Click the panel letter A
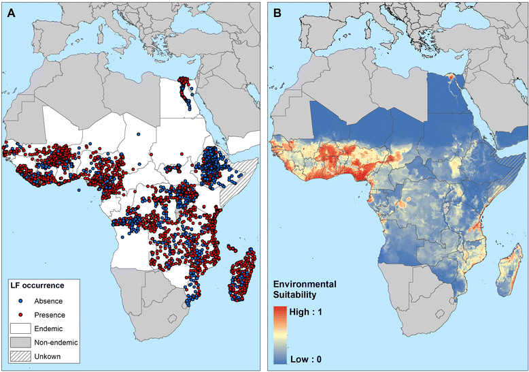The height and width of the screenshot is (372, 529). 12,13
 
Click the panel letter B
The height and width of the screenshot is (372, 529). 277,13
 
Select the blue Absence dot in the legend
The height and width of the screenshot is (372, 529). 20,300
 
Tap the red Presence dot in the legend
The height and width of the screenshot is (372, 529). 20,315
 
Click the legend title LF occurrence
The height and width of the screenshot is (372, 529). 35,285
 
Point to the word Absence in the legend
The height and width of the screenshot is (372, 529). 48,301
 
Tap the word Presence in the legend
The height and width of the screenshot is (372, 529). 50,315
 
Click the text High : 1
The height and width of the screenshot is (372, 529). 306,311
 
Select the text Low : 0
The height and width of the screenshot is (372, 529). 306,359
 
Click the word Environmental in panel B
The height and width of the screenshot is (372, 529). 305,284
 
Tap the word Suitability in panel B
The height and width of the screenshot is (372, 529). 294,295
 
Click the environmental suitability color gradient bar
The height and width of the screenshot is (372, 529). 280,335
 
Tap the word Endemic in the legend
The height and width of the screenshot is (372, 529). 48,328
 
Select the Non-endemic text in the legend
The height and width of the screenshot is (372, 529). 56,343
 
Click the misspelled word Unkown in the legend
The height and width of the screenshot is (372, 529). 47,356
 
